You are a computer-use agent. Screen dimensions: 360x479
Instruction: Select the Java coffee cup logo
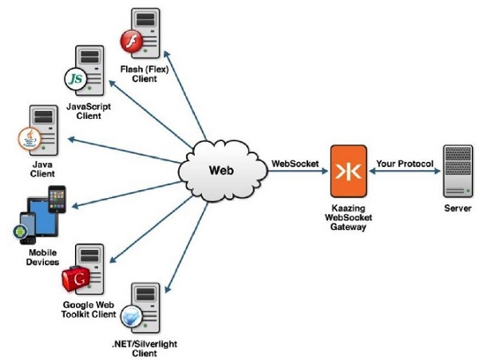click(x=29, y=137)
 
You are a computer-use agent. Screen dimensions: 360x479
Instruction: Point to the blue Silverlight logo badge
click(x=129, y=318)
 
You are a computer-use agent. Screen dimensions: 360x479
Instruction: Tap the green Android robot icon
click(x=22, y=233)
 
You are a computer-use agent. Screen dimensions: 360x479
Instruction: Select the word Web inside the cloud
click(x=221, y=171)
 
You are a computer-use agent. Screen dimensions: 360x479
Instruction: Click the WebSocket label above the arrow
click(x=295, y=164)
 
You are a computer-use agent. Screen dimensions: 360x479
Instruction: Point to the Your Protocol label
click(x=405, y=164)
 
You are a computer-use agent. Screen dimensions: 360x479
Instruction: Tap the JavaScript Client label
click(x=89, y=109)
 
